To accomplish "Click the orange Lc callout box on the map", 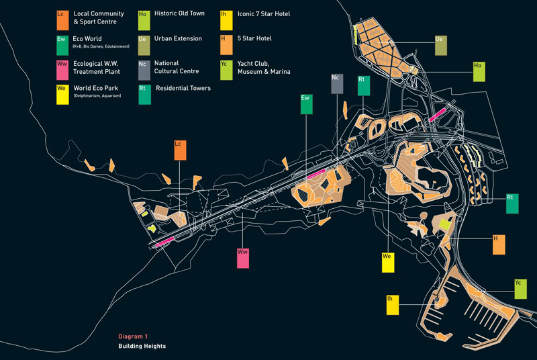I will tap(180, 150).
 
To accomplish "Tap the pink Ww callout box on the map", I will tap(243, 258).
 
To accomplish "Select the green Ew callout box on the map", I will tap(307, 105).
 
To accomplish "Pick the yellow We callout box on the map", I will tap(387, 262).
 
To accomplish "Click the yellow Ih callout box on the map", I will tap(393, 304).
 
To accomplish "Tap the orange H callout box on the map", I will tap(499, 244).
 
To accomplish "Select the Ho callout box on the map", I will tap(479, 72).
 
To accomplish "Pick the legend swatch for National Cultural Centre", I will tap(143, 69).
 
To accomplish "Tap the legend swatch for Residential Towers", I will tap(143, 93).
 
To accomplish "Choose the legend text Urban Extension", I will tap(178, 39).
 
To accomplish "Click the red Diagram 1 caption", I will tap(133, 336).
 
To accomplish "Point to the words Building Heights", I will tap(142, 347).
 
